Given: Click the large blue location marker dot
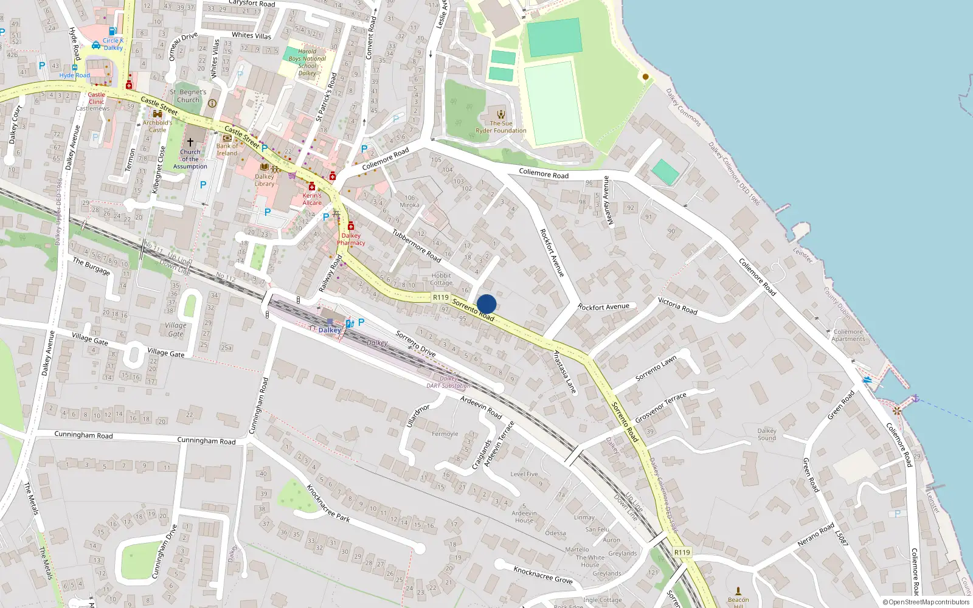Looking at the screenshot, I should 486,304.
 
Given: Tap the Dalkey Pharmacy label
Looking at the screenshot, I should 351,239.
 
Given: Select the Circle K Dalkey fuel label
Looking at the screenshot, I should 113,44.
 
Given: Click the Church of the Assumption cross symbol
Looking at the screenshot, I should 190,142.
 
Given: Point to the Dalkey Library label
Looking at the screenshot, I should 265,180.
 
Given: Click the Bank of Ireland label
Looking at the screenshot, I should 227,150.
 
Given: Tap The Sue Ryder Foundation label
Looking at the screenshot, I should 501,127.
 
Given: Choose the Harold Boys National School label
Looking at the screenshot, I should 307,62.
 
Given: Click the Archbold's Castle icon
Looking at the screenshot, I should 158,114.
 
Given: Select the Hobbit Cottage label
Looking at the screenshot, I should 441,279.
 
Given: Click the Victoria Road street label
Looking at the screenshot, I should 677,306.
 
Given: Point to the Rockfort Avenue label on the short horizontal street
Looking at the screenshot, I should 603,307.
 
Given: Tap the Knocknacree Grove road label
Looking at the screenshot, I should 543,575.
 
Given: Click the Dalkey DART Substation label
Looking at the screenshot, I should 449,382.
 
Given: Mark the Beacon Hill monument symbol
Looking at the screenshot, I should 738,590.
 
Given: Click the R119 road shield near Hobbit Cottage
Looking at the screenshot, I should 441,297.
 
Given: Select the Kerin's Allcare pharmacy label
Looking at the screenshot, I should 312,199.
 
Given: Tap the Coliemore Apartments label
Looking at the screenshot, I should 848,336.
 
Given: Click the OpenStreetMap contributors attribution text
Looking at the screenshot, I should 926,602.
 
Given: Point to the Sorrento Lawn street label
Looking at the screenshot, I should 656,368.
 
